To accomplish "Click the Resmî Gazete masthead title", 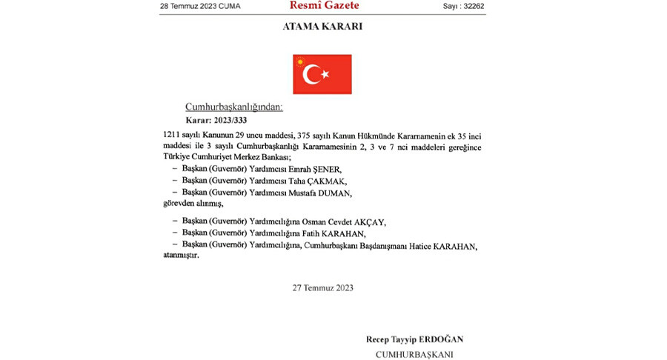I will coord(325,6).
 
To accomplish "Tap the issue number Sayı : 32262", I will coord(464,7).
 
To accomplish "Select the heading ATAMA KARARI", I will coord(323,27).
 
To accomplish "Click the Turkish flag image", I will coord(322,73).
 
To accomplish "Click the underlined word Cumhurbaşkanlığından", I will coord(233,107).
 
